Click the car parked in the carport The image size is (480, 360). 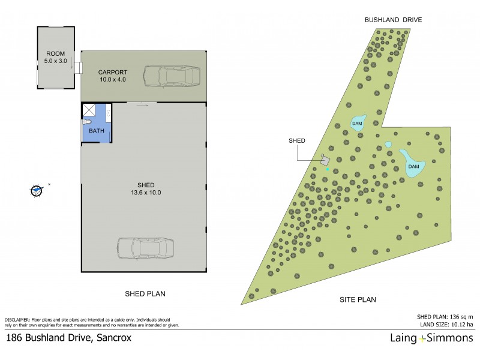(172, 77)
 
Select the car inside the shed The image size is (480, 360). (145, 248)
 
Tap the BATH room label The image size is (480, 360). (96, 131)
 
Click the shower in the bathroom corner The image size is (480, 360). (90, 109)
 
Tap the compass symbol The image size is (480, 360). (37, 191)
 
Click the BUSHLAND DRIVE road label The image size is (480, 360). (393, 20)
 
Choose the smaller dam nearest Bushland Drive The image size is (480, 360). (358, 122)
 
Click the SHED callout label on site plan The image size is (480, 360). (296, 140)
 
